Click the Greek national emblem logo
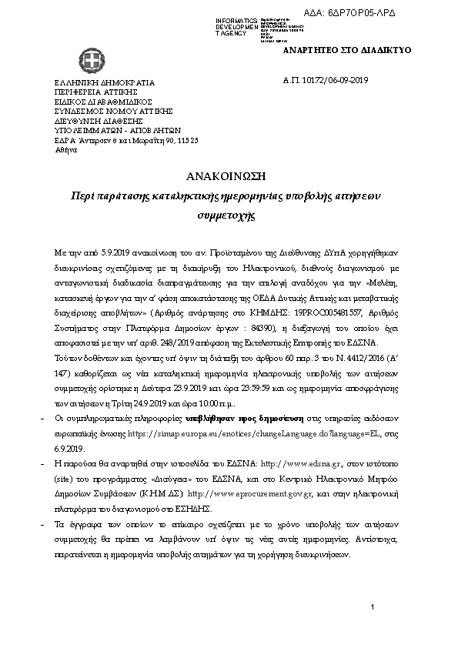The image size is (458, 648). [x=85, y=59]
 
